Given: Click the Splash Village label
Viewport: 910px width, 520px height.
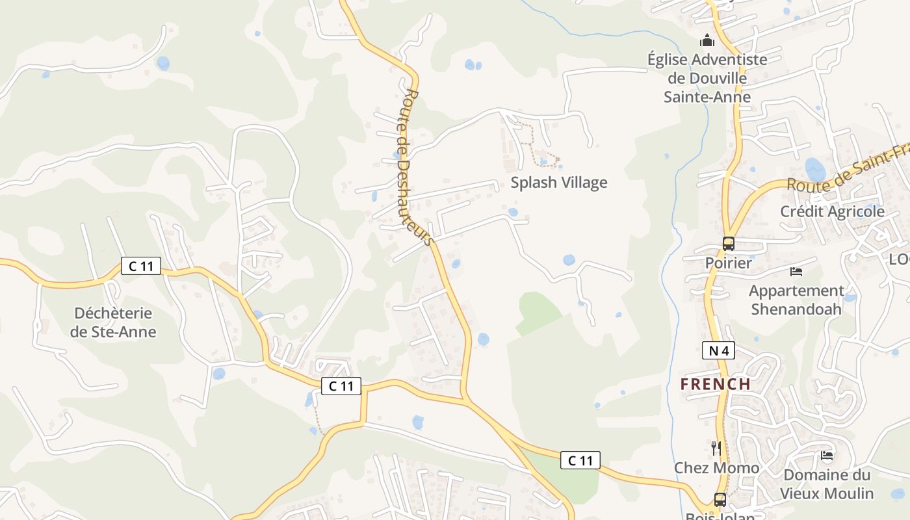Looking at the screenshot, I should pyautogui.click(x=558, y=183).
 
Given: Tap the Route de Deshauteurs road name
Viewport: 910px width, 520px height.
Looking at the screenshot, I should pyautogui.click(x=417, y=167).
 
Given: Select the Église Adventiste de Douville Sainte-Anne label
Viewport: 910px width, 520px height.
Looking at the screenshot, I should pyautogui.click(x=707, y=78).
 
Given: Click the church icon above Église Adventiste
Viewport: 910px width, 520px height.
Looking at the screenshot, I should pyautogui.click(x=707, y=41).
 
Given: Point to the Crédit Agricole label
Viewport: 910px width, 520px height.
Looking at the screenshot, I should pyautogui.click(x=832, y=211).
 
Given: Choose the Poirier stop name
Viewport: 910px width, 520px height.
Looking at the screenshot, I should pyautogui.click(x=728, y=263).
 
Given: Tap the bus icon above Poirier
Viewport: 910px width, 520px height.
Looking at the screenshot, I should pyautogui.click(x=729, y=244).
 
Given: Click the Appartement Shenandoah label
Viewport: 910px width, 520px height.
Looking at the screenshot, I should pyautogui.click(x=796, y=300).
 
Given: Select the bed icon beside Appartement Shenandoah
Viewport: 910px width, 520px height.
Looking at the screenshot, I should pyautogui.click(x=796, y=271).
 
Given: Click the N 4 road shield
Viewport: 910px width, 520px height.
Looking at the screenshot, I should pyautogui.click(x=718, y=351).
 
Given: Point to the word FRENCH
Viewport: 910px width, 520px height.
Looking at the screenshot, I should pyautogui.click(x=716, y=384).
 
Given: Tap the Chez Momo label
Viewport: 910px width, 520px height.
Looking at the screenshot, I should pyautogui.click(x=716, y=468).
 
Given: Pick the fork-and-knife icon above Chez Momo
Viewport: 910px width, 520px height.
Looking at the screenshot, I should pyautogui.click(x=716, y=448).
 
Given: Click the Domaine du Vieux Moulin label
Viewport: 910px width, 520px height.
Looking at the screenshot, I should pyautogui.click(x=827, y=484).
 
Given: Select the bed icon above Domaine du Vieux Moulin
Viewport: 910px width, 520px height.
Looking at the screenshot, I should pyautogui.click(x=827, y=456).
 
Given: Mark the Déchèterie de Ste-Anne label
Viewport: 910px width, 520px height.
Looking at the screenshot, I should pyautogui.click(x=113, y=322).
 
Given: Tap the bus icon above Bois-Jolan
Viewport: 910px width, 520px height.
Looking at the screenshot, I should pyautogui.click(x=720, y=499).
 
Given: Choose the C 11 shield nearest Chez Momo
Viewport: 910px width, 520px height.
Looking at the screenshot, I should pyautogui.click(x=580, y=460).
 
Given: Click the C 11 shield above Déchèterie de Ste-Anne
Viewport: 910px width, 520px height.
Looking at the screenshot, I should pyautogui.click(x=140, y=265).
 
